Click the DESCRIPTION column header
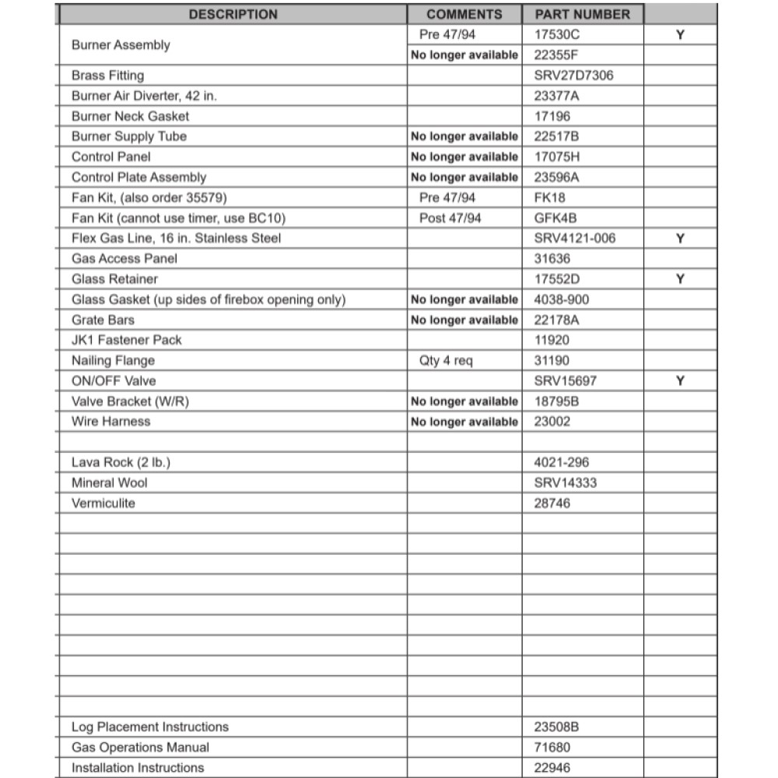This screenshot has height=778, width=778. point(233,14)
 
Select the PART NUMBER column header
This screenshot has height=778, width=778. point(582,14)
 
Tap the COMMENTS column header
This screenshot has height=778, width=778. point(464,14)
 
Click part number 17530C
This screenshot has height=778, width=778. point(557,34)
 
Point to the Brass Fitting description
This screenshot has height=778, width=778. point(107,75)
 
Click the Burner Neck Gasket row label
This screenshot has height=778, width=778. point(130,116)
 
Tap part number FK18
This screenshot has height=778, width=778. point(550,198)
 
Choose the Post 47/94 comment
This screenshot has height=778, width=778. point(450,218)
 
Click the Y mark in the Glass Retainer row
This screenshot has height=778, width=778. point(680,279)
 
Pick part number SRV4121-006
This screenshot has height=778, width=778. point(575,238)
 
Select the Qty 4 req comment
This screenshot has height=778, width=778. point(446,360)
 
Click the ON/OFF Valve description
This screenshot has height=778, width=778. point(114,380)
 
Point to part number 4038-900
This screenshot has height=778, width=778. point(562,300)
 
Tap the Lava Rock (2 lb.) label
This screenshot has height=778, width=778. point(121,462)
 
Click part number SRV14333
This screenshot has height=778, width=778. point(566,482)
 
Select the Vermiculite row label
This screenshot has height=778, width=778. point(103,503)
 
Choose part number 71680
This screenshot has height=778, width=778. point(552,747)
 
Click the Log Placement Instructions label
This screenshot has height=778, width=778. point(150,727)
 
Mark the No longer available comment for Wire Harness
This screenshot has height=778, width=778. point(464,422)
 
